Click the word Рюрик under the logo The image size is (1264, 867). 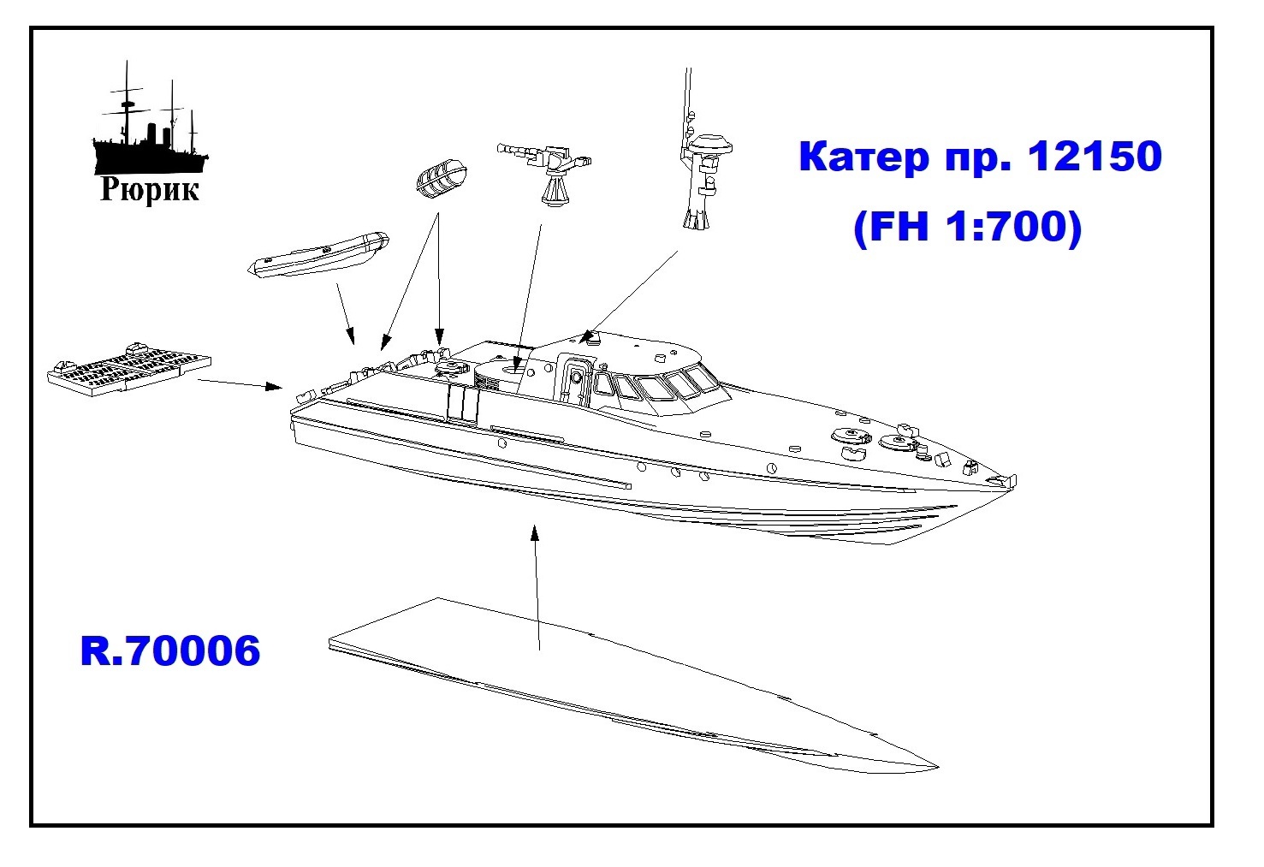point(150,189)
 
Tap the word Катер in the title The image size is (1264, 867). point(864,157)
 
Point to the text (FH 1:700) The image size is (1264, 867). point(967,226)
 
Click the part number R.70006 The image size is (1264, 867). point(169,650)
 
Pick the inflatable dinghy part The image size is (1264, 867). point(318,254)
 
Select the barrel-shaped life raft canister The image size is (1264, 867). point(442,179)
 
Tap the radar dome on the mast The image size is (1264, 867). point(711,145)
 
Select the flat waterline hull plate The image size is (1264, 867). point(632,686)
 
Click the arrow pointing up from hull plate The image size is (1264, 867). point(537,588)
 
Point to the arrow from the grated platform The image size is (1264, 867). point(240,383)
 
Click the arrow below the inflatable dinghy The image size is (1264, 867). point(346,313)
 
